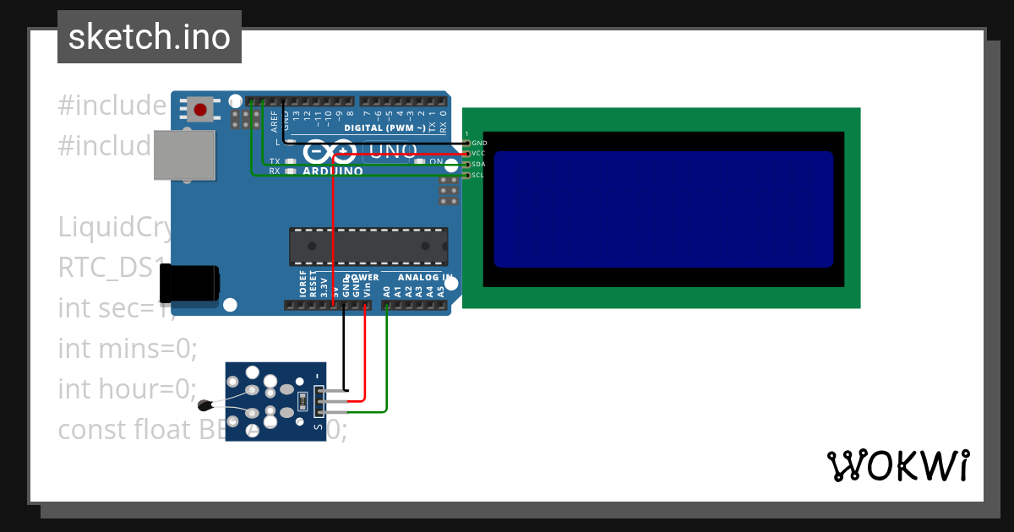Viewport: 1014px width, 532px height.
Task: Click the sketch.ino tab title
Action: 149,37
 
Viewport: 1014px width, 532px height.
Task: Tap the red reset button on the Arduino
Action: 201,109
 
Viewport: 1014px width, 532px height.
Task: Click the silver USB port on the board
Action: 183,155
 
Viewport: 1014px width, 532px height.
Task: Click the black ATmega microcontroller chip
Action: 368,246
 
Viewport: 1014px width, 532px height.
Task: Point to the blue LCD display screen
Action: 663,209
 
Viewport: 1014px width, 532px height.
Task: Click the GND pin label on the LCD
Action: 479,144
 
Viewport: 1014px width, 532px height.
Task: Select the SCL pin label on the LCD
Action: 478,175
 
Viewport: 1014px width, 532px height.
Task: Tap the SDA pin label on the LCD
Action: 478,165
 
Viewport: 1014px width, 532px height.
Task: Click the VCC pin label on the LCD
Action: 478,154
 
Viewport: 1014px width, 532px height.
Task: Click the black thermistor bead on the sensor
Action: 204,405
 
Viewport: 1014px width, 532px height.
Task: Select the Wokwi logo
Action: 898,465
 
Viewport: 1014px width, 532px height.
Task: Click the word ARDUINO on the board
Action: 332,171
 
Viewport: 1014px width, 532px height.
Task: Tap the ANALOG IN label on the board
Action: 425,278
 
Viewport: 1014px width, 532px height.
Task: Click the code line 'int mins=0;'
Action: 127,348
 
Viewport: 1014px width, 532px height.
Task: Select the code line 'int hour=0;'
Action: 127,389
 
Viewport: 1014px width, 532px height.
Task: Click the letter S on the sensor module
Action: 318,426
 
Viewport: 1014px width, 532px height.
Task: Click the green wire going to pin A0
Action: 386,363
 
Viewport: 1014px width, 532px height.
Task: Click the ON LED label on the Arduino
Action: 436,161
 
